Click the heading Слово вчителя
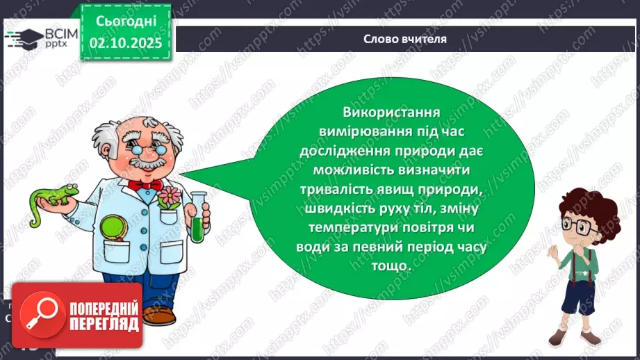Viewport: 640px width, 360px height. coord(405,39)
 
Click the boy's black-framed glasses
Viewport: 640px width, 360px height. coord(577,225)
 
